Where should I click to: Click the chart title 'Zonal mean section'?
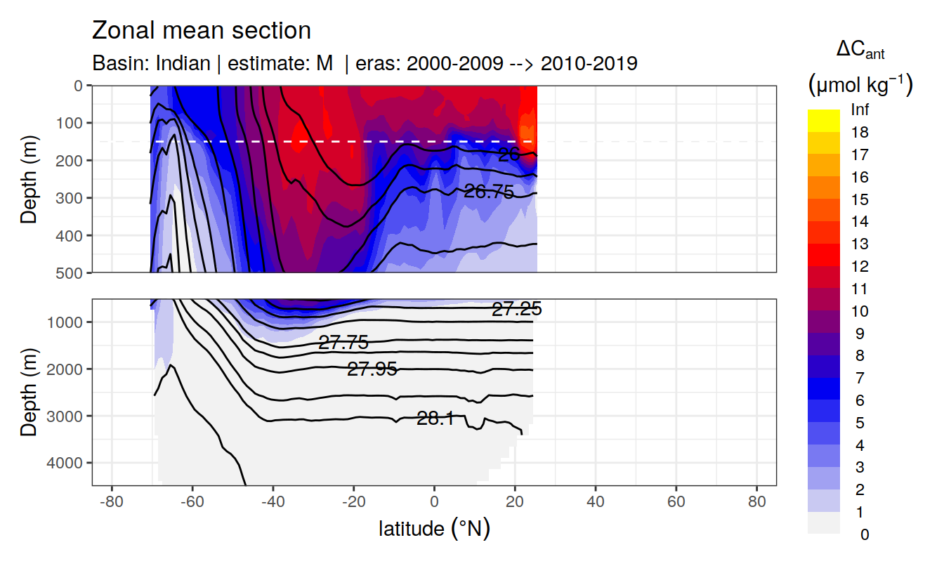(x=202, y=31)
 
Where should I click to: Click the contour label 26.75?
(x=489, y=191)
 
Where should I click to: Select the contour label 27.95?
(x=372, y=369)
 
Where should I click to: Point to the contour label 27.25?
(x=516, y=310)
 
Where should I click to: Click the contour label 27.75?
(x=343, y=343)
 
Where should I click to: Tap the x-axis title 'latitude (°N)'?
(x=434, y=528)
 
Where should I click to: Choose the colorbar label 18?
(x=860, y=132)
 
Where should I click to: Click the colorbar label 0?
(x=864, y=534)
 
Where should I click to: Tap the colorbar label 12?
(x=860, y=266)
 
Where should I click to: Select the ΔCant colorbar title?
(x=860, y=51)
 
